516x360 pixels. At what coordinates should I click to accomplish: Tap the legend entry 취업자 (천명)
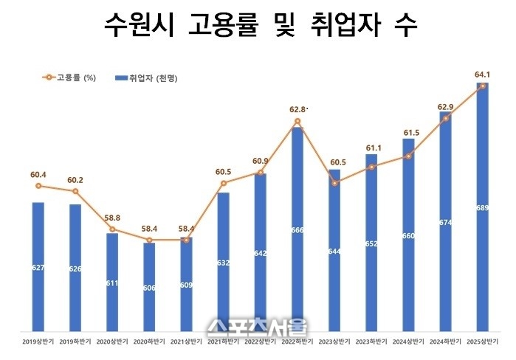[x=148, y=77]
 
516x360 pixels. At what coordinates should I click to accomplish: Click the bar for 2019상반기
[x=38, y=266]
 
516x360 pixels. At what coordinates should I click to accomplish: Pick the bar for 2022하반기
[x=297, y=229]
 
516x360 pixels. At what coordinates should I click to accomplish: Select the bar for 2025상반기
[x=483, y=207]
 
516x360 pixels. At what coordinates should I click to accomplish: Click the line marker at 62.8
[x=297, y=121]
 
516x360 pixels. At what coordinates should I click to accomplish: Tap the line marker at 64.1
[x=483, y=86]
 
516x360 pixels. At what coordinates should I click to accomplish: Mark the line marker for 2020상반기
[x=112, y=229]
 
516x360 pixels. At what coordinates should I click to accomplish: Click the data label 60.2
[x=75, y=179]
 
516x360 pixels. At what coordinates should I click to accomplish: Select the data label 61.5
[x=408, y=133]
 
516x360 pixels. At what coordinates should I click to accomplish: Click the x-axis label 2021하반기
[x=224, y=342]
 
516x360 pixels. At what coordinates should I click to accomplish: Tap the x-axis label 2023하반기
[x=371, y=342]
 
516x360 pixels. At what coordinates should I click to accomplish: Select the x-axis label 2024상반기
[x=408, y=342]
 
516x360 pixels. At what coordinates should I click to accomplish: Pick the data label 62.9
[x=445, y=107]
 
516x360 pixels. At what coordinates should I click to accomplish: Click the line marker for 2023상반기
[x=334, y=182]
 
